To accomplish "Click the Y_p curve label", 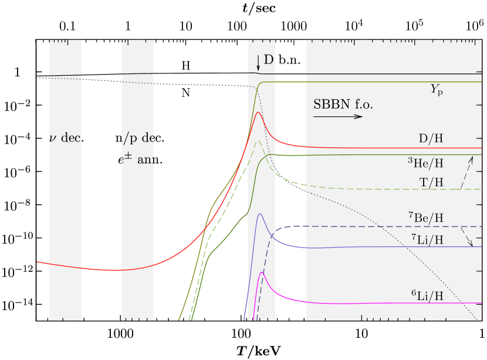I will pyautogui.click(x=437, y=90).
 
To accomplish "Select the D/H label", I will pyautogui.click(x=431, y=139).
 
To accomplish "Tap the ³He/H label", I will pyautogui.click(x=425, y=163).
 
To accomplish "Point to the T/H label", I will pyautogui.click(x=431, y=183).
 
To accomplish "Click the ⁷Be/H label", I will pyautogui.click(x=425, y=218).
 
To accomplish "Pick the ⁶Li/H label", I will pyautogui.click(x=427, y=295).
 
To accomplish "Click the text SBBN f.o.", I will pyautogui.click(x=343, y=105).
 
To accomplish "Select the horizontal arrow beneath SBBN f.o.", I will pyautogui.click(x=338, y=116).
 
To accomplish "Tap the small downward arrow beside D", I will pyautogui.click(x=258, y=63).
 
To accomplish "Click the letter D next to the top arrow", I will pyautogui.click(x=268, y=60).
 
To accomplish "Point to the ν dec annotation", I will pyautogui.click(x=65, y=139).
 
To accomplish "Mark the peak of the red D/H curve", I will pyautogui.click(x=258, y=112).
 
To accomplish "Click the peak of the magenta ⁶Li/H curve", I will pyautogui.click(x=262, y=272).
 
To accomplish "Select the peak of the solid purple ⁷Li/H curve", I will pyautogui.click(x=259, y=214).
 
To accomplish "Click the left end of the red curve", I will pyautogui.click(x=38, y=262).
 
